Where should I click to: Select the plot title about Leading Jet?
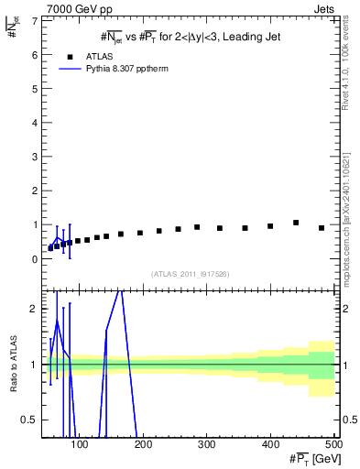(x=191, y=37)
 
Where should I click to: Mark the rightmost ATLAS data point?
(x=322, y=228)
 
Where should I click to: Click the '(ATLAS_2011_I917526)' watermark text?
(x=191, y=274)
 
